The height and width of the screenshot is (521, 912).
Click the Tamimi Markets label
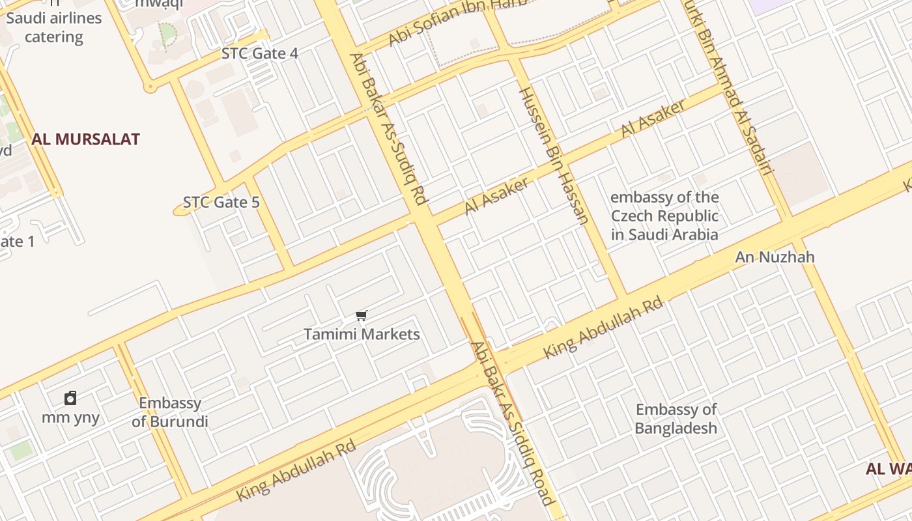[362, 335]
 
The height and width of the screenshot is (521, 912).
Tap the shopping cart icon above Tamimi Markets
[362, 316]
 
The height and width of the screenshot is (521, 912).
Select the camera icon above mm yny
[70, 398]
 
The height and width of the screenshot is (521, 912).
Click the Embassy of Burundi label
[170, 412]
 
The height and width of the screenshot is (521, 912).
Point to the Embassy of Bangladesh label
[676, 419]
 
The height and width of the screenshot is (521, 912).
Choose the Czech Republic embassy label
[664, 216]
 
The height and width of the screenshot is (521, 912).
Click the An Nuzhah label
[775, 257]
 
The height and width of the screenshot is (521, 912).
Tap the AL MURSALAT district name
[85, 139]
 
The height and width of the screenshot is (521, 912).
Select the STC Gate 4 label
[260, 53]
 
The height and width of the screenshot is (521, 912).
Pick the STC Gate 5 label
[221, 203]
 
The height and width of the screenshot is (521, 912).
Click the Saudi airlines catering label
[54, 27]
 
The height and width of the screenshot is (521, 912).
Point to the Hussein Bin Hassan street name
[554, 155]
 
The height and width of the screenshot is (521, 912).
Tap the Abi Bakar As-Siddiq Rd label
[388, 128]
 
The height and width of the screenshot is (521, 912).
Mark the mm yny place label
[70, 417]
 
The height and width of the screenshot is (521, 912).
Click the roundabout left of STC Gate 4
[150, 86]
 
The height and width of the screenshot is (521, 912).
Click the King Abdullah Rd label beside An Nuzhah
[603, 328]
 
